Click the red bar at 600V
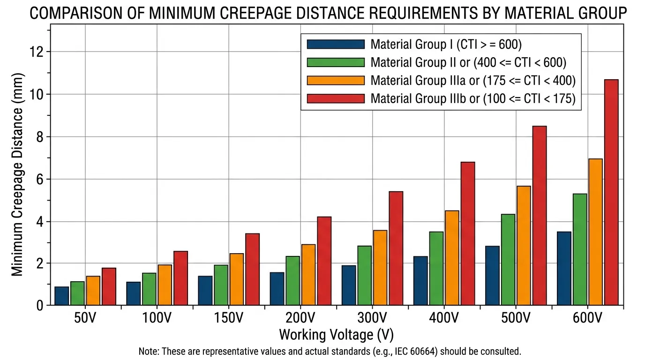(x=611, y=193)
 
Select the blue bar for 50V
(x=62, y=296)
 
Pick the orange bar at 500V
(x=524, y=246)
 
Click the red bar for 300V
(x=396, y=248)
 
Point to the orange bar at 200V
(x=308, y=275)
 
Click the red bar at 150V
(x=252, y=270)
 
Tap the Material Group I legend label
(x=446, y=45)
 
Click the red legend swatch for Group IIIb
(x=336, y=98)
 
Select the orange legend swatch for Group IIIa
(x=336, y=81)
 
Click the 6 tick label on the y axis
(x=40, y=180)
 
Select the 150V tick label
(x=228, y=318)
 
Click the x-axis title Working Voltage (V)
(x=336, y=335)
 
